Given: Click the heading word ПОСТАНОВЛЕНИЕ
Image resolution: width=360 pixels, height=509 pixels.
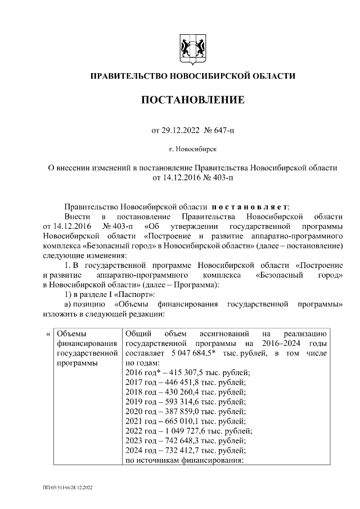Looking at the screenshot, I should tap(192, 100).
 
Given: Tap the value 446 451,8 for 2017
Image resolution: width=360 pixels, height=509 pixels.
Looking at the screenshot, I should tap(183, 382).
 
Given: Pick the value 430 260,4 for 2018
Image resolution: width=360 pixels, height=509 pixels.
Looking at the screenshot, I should tap(183, 392).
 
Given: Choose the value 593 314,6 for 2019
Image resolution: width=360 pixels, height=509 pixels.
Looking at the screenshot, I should tap(183, 402).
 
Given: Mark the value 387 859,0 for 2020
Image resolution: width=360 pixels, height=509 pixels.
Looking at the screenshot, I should tap(183, 412).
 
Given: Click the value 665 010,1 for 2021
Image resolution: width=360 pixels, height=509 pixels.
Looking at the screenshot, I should tap(183, 421).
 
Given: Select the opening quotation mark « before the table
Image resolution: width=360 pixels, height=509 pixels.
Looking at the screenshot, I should tap(47, 333).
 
